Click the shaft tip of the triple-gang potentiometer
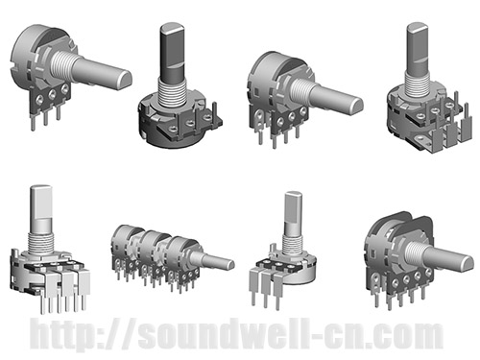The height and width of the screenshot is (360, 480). [227, 261]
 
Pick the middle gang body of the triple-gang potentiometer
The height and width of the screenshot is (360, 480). [150, 248]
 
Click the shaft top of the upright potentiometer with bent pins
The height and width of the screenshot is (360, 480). [417, 29]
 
